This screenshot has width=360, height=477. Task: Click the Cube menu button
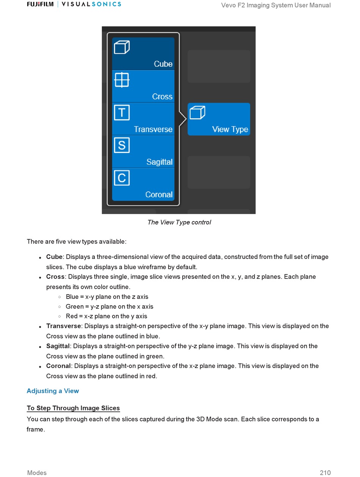(x=143, y=54)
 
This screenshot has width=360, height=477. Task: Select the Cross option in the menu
(x=143, y=86)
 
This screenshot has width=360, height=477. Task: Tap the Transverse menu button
(x=143, y=119)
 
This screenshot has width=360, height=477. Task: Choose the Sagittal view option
(x=143, y=151)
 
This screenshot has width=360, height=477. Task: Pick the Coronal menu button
(x=143, y=184)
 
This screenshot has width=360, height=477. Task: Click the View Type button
(x=219, y=119)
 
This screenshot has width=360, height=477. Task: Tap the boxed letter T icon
(x=122, y=112)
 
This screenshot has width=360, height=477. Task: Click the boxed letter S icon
(x=122, y=145)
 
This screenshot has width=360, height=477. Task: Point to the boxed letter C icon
(x=122, y=178)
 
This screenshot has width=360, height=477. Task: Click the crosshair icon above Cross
(x=122, y=80)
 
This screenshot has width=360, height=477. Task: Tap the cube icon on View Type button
(x=197, y=112)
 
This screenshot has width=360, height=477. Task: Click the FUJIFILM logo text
(x=40, y=4)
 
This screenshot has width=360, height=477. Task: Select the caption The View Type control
(x=179, y=222)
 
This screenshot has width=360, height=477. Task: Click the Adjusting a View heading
(x=53, y=391)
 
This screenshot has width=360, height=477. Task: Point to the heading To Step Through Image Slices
(x=73, y=408)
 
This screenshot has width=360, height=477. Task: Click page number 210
(x=325, y=472)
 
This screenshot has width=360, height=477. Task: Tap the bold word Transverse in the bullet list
(x=63, y=326)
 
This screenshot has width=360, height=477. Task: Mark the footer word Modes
(x=37, y=472)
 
